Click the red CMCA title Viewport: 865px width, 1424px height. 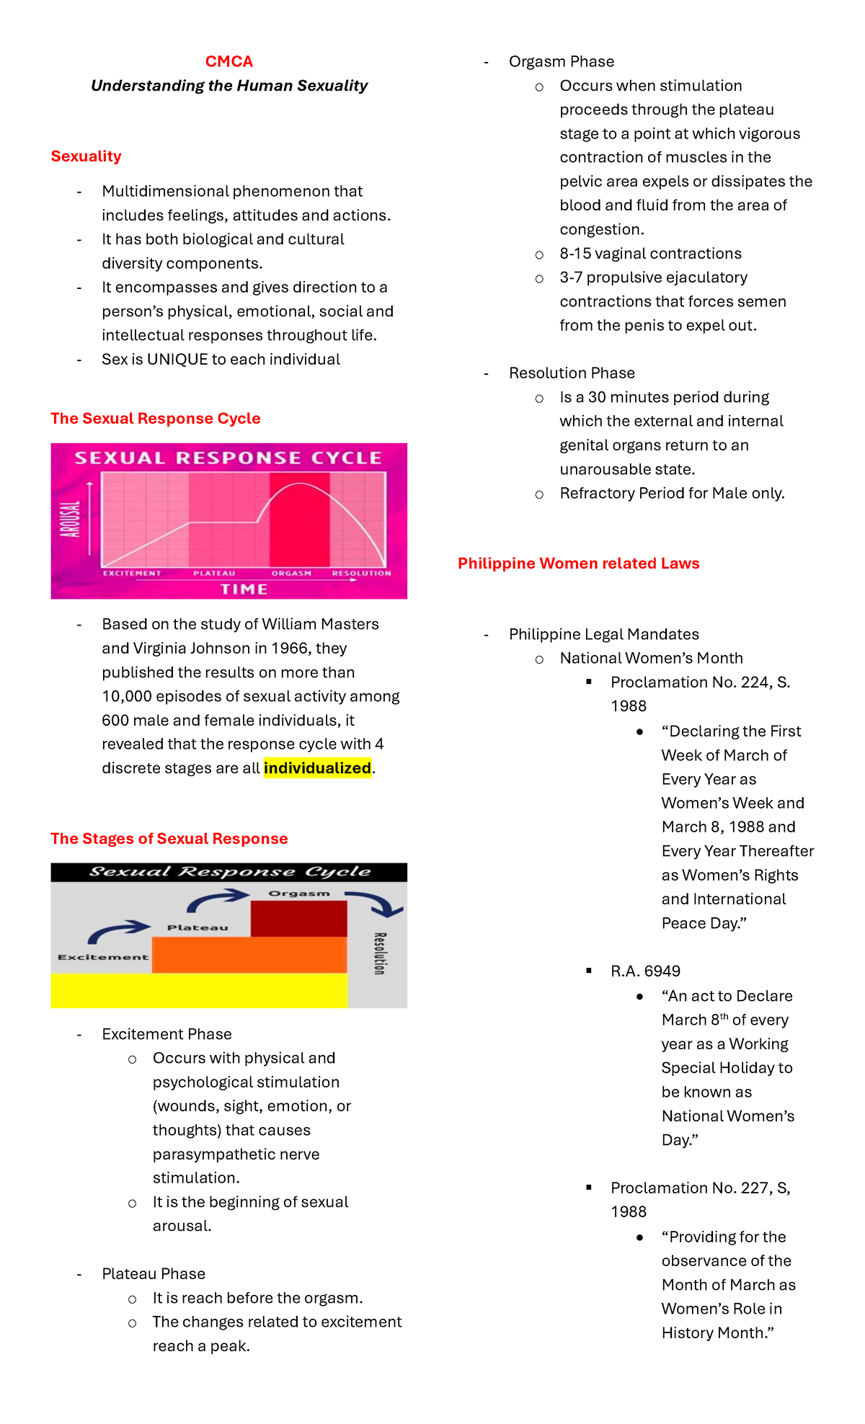point(229,62)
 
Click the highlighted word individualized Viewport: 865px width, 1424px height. point(317,768)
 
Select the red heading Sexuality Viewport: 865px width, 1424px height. point(86,156)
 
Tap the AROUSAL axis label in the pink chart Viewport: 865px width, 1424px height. point(70,519)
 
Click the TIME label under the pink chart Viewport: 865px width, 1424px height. point(244,589)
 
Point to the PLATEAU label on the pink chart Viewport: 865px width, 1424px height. point(214,574)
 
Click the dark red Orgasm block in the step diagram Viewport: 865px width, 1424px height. point(298,919)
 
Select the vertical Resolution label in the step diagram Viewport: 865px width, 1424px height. point(380,953)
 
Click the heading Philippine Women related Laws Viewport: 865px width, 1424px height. point(578,564)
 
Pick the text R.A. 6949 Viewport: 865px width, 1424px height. point(645,971)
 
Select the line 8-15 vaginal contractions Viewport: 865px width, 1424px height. point(650,254)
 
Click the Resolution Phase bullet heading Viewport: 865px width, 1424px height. point(572,373)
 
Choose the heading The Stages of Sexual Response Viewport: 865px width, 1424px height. point(169,839)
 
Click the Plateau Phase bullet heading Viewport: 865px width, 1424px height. point(154,1274)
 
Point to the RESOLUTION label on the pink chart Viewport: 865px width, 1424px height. point(361,574)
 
